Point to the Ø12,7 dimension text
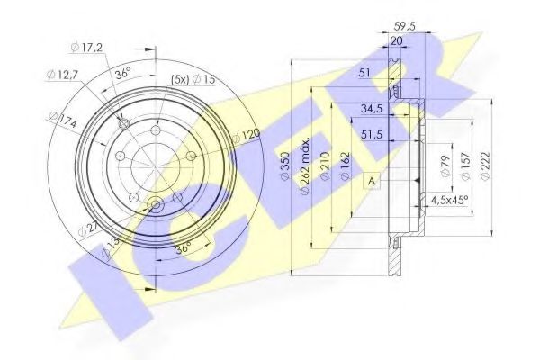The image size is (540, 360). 61,76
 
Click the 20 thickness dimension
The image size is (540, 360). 396,40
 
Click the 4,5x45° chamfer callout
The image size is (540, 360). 451,200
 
